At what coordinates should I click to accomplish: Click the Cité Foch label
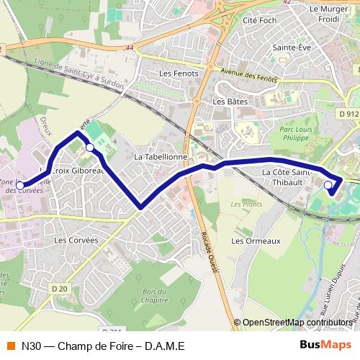pyautogui.click(x=260, y=21)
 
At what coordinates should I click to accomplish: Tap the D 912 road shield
pyautogui.click(x=348, y=113)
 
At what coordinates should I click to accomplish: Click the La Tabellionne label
pyautogui.click(x=161, y=156)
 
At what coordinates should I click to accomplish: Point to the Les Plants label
pyautogui.click(x=246, y=204)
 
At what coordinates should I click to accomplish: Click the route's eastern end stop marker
pyautogui.click(x=328, y=186)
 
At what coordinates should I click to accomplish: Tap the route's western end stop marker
pyautogui.click(x=19, y=185)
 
